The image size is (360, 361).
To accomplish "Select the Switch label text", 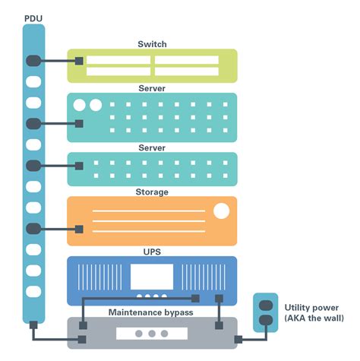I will [152, 43].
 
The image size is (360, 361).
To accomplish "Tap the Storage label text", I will [152, 192].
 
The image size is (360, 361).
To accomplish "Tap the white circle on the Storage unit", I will [221, 211].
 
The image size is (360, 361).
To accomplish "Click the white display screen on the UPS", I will [152, 277].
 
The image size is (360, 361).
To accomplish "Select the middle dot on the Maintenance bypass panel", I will [152, 333].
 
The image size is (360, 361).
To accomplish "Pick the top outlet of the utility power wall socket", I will [267, 306].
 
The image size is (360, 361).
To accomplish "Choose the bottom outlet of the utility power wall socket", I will [267, 320].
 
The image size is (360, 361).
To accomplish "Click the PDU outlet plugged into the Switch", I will [33, 61].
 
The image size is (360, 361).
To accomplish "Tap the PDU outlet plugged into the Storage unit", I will [33, 227].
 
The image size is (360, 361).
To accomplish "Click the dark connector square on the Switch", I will [78, 61].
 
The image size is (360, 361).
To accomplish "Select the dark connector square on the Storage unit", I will [78, 227].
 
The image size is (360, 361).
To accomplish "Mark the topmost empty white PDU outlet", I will [33, 81].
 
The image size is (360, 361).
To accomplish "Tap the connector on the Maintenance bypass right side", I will [219, 325].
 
